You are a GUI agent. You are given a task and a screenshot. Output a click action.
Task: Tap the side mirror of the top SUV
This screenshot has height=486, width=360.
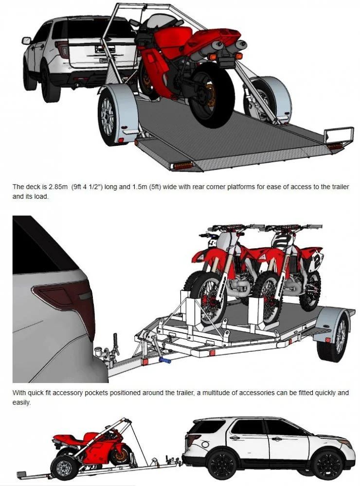click(x=26, y=40)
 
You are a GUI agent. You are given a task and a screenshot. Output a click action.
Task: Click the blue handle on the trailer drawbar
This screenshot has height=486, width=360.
click(x=165, y=362)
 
